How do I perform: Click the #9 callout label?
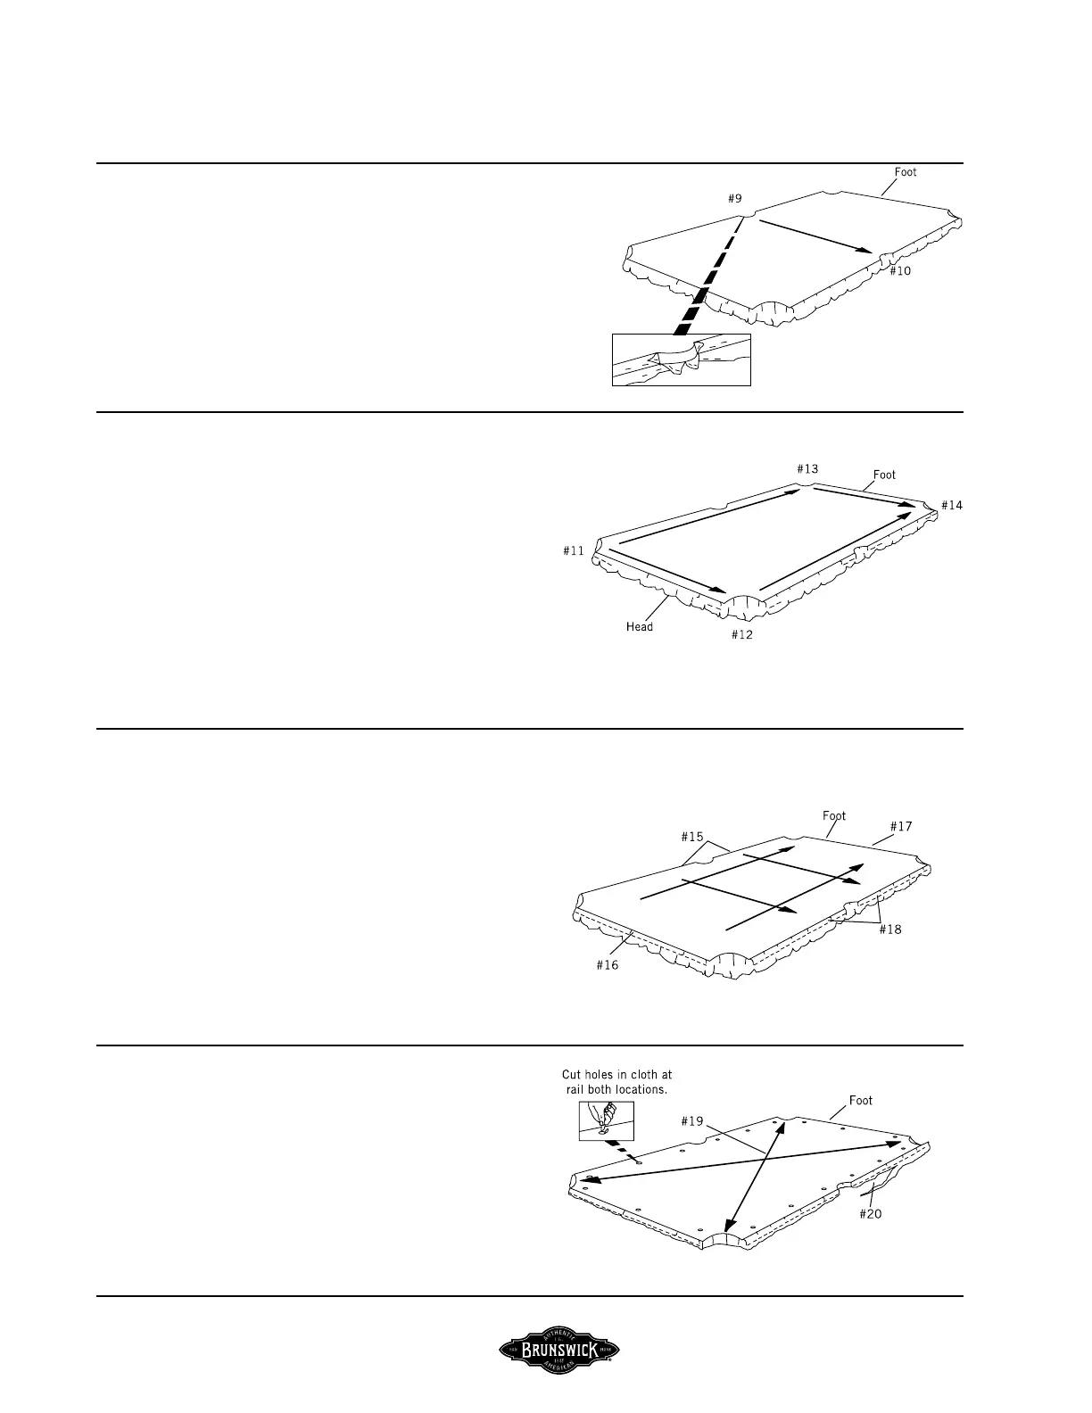point(735,201)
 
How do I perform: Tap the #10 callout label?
point(900,270)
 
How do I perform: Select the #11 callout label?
point(574,550)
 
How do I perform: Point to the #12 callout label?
point(742,634)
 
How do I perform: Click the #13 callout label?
point(807,468)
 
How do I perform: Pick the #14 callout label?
point(952,505)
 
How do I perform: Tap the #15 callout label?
point(692,837)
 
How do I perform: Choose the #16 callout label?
point(608,964)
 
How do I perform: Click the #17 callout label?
point(901,826)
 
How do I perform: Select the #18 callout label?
point(890,930)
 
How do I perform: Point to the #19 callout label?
point(692,1121)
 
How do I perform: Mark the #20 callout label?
point(870,1213)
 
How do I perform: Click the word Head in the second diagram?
point(640,626)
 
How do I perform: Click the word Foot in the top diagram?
point(906,172)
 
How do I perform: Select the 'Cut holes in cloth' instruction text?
point(617,1082)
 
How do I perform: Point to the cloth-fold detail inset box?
point(682,359)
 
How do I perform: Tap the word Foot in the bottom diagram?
point(861,1100)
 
